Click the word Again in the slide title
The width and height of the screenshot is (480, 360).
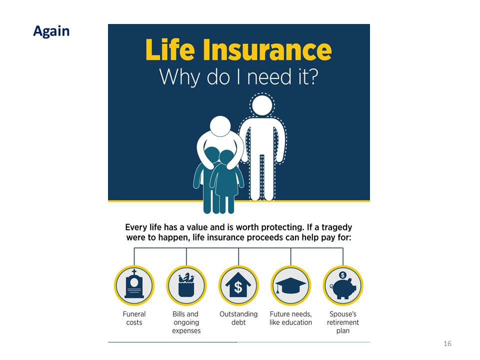tap(51, 31)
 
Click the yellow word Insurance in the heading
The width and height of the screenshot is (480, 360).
tap(267, 49)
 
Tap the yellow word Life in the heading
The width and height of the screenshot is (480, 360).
tap(170, 49)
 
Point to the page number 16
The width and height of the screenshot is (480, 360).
tap(447, 343)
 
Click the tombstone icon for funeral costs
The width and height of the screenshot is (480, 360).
tap(134, 284)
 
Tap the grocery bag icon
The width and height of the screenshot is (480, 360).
tap(186, 285)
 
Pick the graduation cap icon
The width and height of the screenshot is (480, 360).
tap(290, 285)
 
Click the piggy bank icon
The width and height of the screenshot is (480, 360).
tap(343, 288)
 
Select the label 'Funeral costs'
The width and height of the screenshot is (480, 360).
tap(134, 318)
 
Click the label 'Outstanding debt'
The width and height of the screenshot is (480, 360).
tap(238, 318)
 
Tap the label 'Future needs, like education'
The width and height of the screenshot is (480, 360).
tap(290, 318)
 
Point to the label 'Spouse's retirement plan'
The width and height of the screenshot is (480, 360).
tap(343, 322)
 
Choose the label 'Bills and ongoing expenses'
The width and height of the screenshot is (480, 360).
tap(186, 322)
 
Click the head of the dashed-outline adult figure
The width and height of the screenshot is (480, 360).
tap(262, 105)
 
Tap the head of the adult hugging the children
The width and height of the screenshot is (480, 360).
tap(220, 126)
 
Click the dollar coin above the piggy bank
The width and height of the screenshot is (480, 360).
tap(343, 275)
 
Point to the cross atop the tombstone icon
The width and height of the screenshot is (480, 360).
tap(134, 272)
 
